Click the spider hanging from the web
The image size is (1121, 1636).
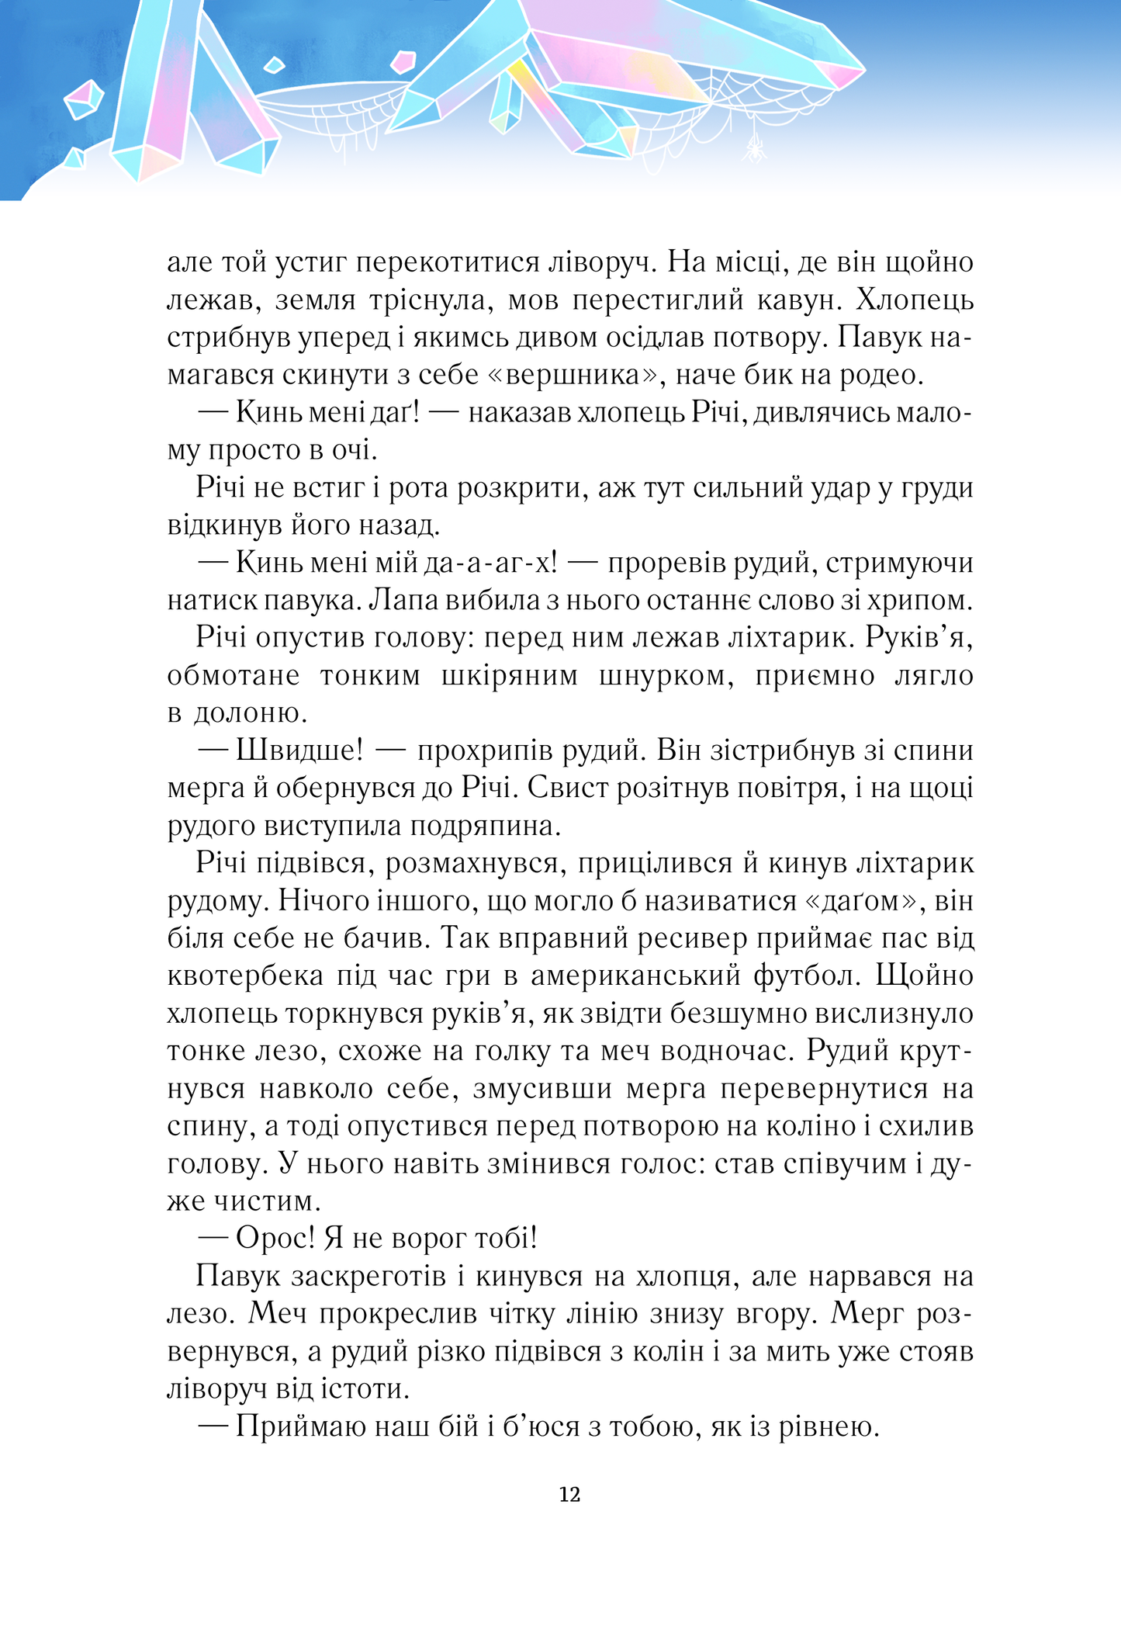(754, 147)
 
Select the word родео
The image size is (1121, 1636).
(881, 375)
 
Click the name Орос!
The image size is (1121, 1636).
(275, 1239)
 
